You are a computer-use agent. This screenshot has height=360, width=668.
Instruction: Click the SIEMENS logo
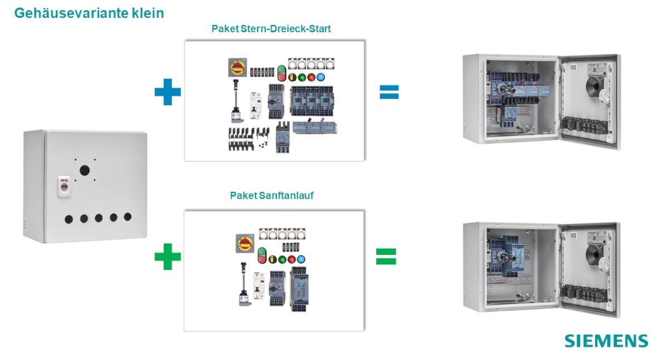(x=606, y=341)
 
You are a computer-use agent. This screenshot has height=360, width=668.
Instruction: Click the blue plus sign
(x=168, y=92)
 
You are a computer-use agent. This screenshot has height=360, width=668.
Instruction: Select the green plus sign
(x=168, y=257)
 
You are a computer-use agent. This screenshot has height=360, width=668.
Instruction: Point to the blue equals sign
(x=389, y=92)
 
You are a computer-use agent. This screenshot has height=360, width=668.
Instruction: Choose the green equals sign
(x=386, y=256)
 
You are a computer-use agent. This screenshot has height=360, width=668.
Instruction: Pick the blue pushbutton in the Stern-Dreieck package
(x=320, y=78)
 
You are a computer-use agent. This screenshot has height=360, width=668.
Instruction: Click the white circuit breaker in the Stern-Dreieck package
(x=256, y=105)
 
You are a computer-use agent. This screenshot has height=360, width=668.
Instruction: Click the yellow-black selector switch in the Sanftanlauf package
(x=273, y=259)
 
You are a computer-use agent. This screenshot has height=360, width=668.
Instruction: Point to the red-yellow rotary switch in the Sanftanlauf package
(x=243, y=242)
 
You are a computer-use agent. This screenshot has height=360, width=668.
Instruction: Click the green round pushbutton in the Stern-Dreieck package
(x=301, y=78)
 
